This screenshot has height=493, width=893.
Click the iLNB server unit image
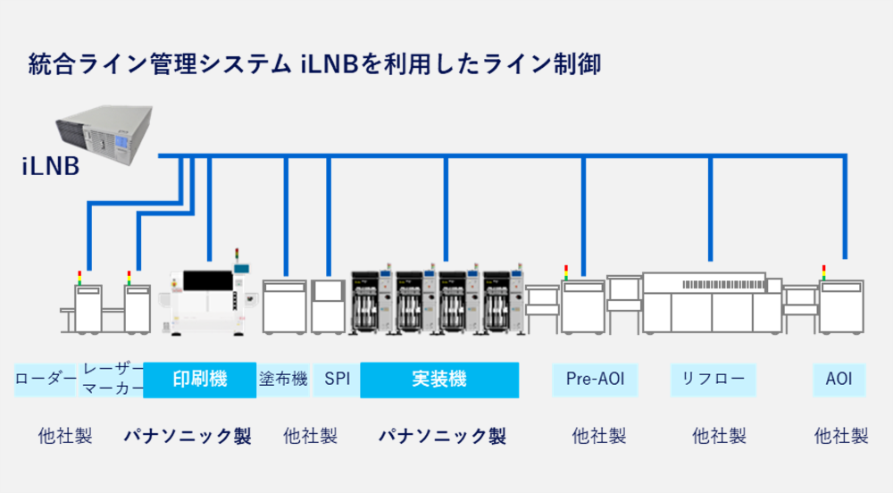(101, 130)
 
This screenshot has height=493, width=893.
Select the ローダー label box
(46, 379)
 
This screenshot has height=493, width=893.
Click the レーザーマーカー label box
(112, 379)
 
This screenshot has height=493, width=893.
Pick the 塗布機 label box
(283, 379)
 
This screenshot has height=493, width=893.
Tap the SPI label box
(338, 379)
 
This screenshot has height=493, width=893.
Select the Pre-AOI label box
(595, 379)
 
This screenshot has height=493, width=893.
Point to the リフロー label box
(713, 379)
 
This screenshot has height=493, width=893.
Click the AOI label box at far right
(839, 379)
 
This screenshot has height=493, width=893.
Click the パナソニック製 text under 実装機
(442, 436)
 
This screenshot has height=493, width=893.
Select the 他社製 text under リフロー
(719, 436)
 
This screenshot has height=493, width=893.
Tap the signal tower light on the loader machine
(79, 276)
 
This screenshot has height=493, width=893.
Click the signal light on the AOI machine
(823, 272)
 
